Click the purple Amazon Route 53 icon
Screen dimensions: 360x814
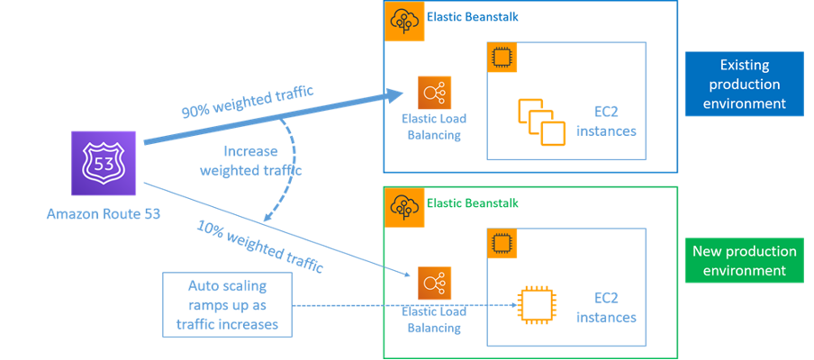(x=103, y=164)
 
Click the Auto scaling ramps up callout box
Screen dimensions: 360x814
(x=228, y=305)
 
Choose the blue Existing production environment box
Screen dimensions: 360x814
(x=743, y=84)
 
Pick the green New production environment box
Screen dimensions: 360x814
(x=743, y=260)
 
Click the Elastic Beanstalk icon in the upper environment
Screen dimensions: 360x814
(x=401, y=21)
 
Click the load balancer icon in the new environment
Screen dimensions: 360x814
(x=434, y=283)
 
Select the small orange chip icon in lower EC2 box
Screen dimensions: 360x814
(x=500, y=241)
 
